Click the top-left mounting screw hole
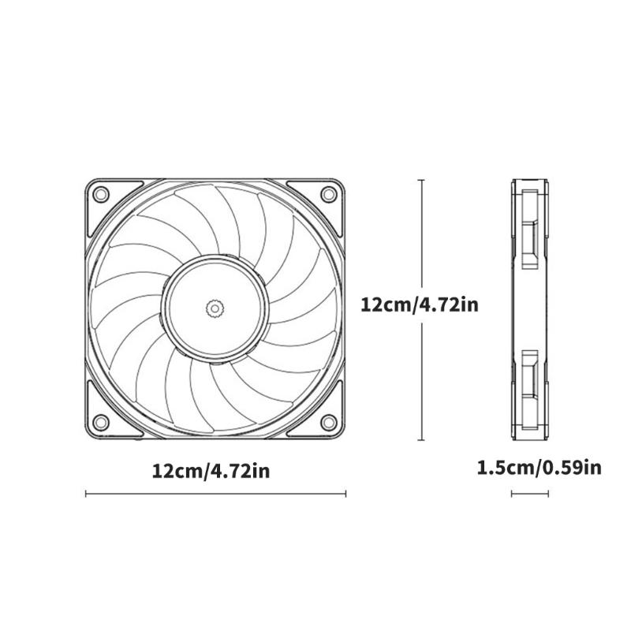(100, 193)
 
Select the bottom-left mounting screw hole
(100, 421)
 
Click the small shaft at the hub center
(215, 308)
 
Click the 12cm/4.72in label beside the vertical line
(420, 305)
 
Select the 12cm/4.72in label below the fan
(211, 471)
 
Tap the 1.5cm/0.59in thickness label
(540, 468)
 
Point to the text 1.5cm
(505, 468)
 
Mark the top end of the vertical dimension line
(421, 180)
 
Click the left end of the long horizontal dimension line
(85, 494)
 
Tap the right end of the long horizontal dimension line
(345, 494)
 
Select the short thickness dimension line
(530, 494)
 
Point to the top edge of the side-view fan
(530, 180)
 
